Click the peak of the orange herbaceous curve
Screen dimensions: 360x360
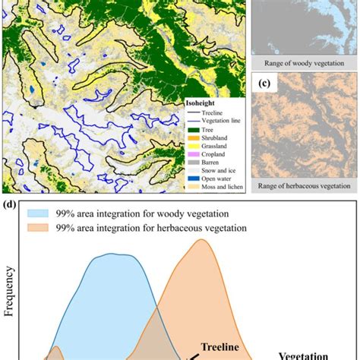202,241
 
